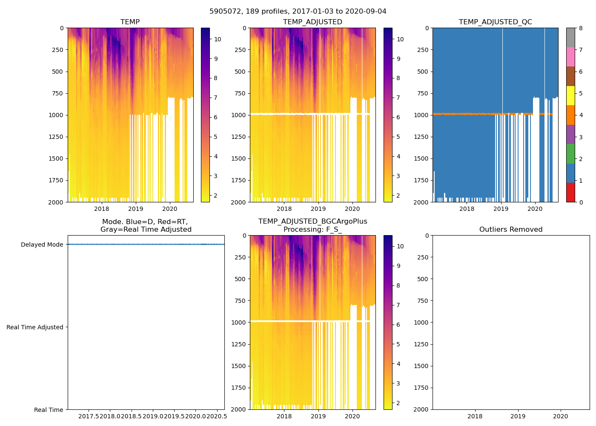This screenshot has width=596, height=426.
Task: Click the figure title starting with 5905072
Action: (x=298, y=12)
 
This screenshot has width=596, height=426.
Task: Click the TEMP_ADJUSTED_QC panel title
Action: (x=495, y=22)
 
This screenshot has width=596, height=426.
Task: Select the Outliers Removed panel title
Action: (x=511, y=230)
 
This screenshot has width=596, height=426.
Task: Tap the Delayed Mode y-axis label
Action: (x=42, y=245)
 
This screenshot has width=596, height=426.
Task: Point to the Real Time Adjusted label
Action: (x=35, y=327)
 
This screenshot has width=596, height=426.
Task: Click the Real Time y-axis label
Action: (x=49, y=410)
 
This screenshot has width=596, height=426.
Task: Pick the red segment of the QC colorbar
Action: (x=570, y=193)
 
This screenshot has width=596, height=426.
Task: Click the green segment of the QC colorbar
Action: (x=570, y=154)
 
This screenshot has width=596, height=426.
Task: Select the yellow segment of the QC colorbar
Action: (x=570, y=96)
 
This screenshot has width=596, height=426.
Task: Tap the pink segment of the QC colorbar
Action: (x=570, y=57)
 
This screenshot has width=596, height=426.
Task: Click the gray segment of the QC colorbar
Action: (x=570, y=37)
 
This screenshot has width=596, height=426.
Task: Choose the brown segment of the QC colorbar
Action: (x=570, y=76)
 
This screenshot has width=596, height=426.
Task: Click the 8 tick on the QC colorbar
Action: (x=580, y=28)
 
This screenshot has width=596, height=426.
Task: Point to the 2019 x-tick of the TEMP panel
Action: (x=136, y=209)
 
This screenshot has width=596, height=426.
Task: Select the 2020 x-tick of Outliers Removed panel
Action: (x=561, y=416)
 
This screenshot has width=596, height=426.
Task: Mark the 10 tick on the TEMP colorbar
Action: (x=218, y=39)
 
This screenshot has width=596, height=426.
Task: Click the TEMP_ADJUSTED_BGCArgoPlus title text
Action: (x=312, y=222)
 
